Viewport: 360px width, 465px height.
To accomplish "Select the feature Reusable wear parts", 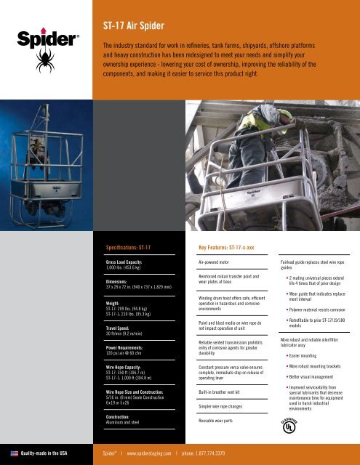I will coord(220,421).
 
